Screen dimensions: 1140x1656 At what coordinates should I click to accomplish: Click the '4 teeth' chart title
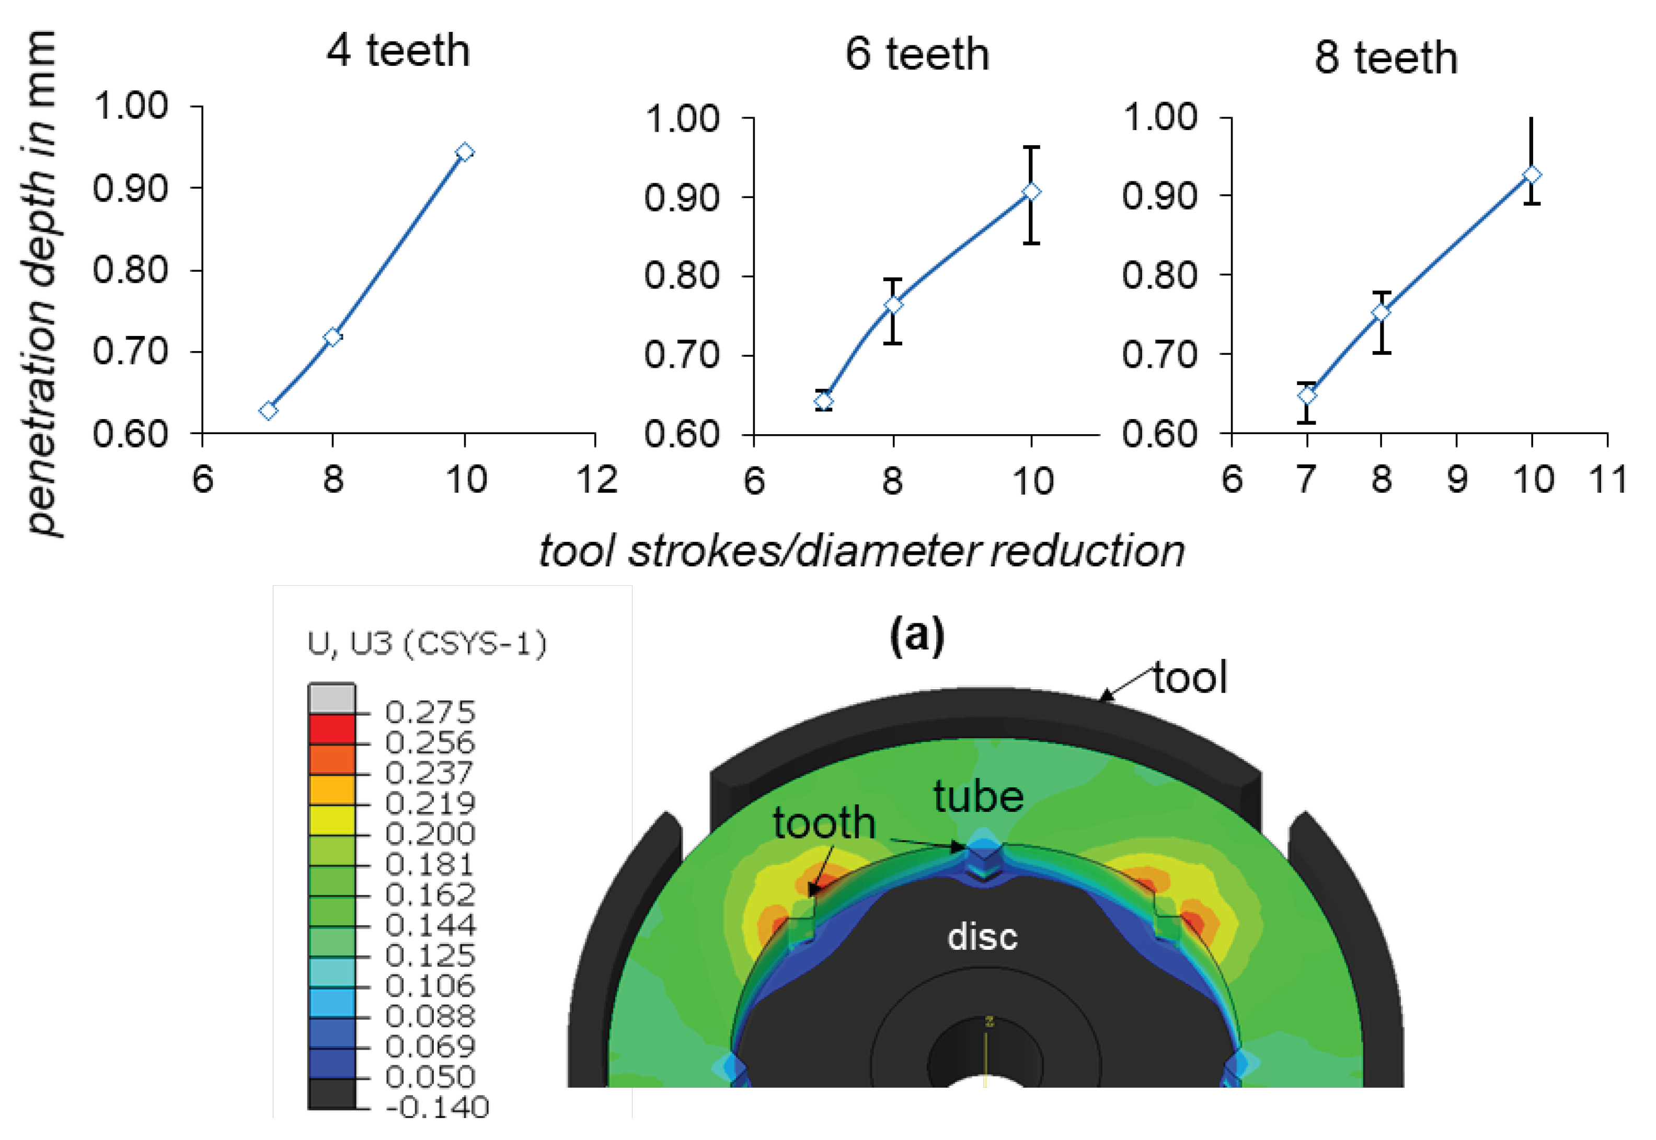[x=398, y=51]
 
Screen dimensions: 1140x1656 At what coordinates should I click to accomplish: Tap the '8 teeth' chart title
[x=1385, y=58]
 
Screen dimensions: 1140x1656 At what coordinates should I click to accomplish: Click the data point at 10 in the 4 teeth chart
[x=465, y=152]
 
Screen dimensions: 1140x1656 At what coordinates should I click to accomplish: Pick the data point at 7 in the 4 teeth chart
[x=268, y=411]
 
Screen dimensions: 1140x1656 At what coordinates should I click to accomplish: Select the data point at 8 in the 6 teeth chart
[x=893, y=304]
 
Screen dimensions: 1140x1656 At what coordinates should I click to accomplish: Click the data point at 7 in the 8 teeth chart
[x=1306, y=395]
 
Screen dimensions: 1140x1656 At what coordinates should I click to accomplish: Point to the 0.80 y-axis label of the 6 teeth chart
[x=681, y=276]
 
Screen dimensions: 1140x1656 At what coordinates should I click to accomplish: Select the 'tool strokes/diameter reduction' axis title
[x=862, y=551]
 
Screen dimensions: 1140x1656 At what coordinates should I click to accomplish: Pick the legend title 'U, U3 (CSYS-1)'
[x=427, y=644]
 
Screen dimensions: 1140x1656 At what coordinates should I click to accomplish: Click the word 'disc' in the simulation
[x=982, y=936]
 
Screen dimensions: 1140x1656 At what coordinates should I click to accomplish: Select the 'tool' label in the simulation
[x=1190, y=677]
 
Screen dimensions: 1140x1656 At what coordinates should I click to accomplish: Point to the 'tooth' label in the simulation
[x=823, y=823]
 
